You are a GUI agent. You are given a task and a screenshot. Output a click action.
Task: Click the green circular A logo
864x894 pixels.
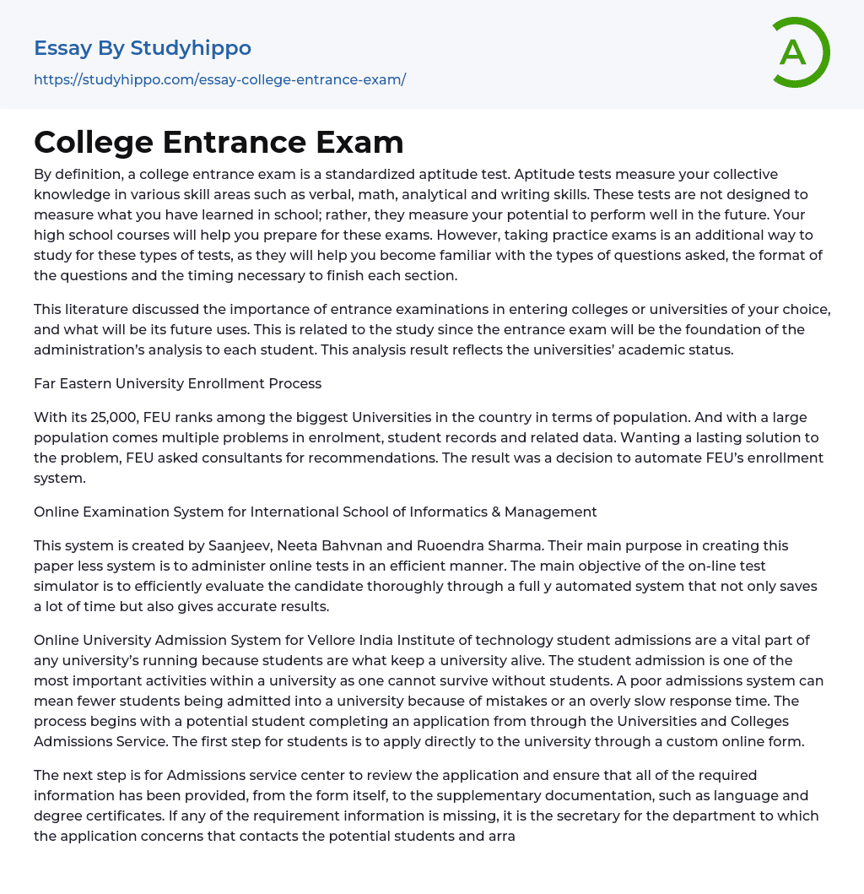click(798, 52)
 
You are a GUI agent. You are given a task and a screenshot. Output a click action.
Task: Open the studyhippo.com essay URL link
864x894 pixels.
click(219, 79)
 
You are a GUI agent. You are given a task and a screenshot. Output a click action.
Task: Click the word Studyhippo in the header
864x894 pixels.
click(191, 48)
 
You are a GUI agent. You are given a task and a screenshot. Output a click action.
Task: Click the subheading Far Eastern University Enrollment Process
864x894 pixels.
click(177, 383)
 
